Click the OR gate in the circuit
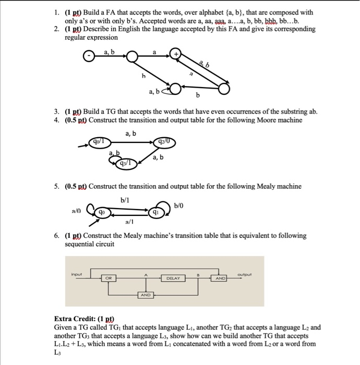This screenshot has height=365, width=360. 109,278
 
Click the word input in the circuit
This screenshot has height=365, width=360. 77,271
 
